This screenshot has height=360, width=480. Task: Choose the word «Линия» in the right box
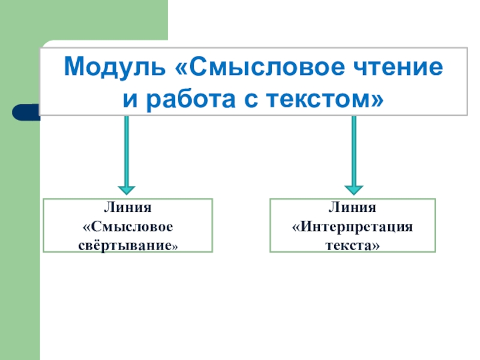(352, 208)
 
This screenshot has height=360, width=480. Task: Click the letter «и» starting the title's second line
(128, 97)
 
